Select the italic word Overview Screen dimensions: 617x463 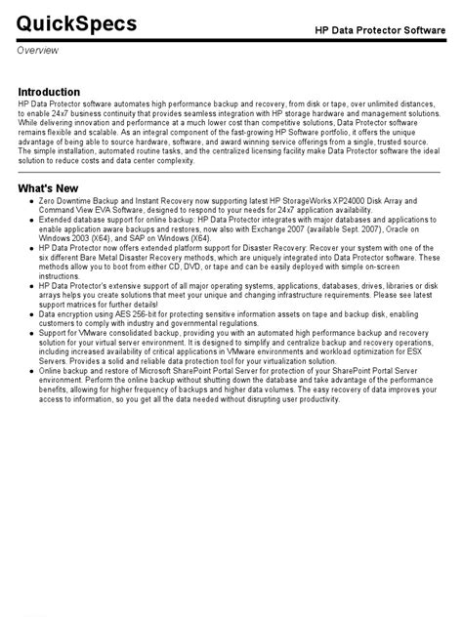tap(37, 50)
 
